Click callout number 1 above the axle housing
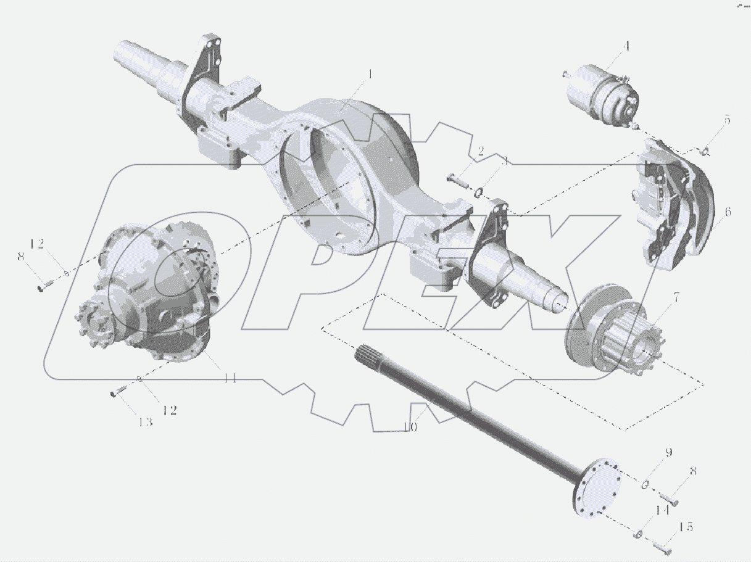371,75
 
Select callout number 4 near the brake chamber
626,46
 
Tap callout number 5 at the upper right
728,120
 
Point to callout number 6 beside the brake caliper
728,212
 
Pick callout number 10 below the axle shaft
410,427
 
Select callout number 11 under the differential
230,378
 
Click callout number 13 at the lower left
145,422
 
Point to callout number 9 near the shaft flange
668,453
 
